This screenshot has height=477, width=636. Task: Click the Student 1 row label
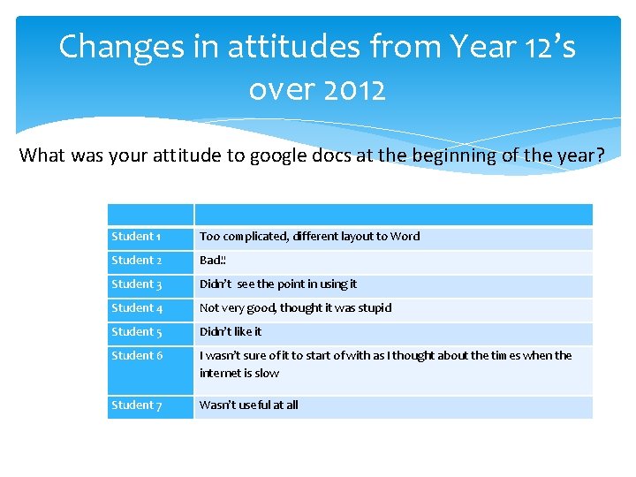tap(136, 237)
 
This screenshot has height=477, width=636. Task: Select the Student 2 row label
tap(137, 261)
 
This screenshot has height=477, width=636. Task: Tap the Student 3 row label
tap(137, 284)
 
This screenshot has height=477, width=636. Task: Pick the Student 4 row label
tap(137, 308)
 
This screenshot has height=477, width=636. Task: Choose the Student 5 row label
tap(137, 332)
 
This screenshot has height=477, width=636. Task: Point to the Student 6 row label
tap(137, 356)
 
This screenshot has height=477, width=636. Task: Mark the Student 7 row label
tap(137, 405)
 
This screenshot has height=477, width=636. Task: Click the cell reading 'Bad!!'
tap(214, 261)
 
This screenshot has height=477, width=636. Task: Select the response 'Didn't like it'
tap(231, 332)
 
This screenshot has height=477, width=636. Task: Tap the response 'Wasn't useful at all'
tap(249, 405)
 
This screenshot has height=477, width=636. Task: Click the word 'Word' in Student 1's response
tap(405, 237)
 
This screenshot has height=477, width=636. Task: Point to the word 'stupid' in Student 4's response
tap(374, 308)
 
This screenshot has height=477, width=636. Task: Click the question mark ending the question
tap(600, 155)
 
